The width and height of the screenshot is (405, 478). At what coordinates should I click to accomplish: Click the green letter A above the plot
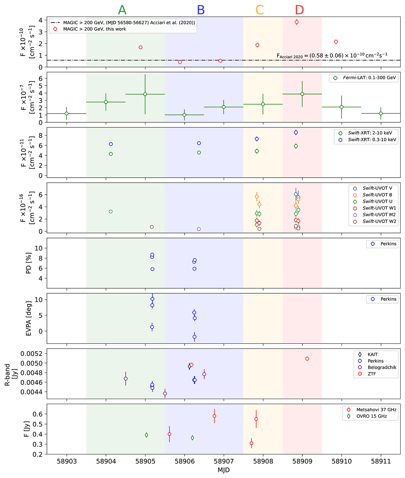pos(122,10)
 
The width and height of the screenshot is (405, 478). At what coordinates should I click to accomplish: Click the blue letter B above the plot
pos(201,10)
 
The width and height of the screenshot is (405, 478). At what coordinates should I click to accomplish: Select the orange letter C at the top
pos(260,10)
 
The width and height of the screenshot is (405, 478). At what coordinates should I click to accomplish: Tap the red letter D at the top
pos(299,10)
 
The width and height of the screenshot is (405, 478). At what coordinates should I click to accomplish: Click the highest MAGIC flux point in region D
pos(297,22)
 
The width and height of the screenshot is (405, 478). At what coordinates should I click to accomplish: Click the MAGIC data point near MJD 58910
pos(336,42)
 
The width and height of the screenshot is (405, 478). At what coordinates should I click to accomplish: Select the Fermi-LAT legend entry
pos(363,78)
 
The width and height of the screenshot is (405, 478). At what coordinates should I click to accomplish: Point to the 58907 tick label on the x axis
pos(224,461)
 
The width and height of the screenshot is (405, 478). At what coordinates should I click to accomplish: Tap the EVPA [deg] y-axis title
pos(29,318)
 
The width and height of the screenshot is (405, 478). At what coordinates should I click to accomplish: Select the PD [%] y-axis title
pos(29,263)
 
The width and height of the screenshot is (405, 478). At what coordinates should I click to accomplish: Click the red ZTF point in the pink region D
pos(307,359)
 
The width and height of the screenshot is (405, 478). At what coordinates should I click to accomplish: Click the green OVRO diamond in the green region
pos(146,435)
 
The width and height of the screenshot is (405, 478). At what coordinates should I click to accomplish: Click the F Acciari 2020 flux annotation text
pos(332,55)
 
